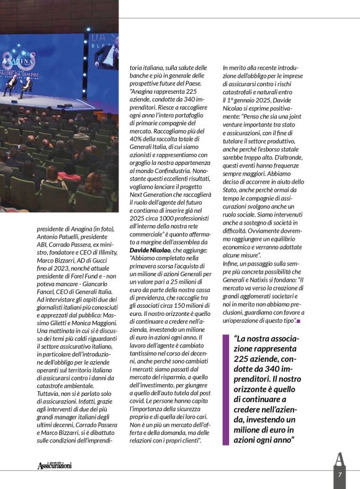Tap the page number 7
click(340, 475)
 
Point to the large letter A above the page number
click(340, 460)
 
